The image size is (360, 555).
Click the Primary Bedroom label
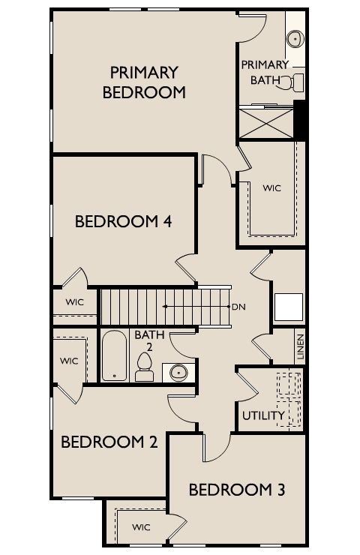point(144,82)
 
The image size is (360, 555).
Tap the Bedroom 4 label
point(124,221)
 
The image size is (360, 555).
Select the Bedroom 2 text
point(109,442)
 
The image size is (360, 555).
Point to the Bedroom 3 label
point(237,490)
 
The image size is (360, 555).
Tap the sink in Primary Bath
point(295,39)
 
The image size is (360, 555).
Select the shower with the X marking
point(266,124)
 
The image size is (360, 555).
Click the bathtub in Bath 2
point(114,355)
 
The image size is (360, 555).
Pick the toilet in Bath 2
point(145,367)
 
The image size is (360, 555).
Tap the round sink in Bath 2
point(178,372)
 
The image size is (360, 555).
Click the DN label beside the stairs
point(238,307)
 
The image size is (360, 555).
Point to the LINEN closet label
point(301,346)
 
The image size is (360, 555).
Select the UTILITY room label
point(264,415)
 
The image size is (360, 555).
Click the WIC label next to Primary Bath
point(271,188)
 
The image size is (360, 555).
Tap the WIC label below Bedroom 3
point(141,527)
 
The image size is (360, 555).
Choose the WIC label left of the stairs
point(75,302)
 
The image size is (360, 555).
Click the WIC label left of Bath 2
point(69,361)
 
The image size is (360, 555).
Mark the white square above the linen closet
point(289,307)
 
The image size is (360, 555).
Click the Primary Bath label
point(265,73)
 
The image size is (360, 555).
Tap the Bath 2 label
point(149,340)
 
